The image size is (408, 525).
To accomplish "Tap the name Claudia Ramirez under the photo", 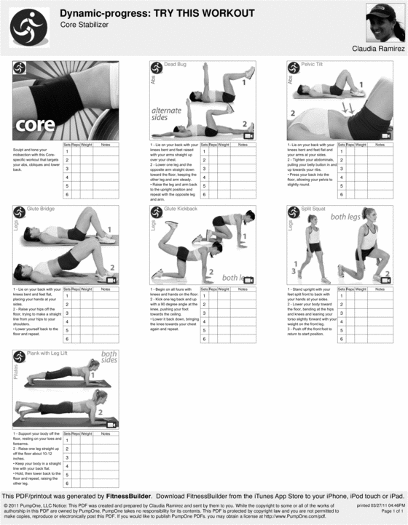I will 377,49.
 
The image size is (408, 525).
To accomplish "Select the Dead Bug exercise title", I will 175,65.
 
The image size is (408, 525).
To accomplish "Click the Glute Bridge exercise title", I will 42,209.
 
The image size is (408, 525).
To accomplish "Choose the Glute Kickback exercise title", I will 181,209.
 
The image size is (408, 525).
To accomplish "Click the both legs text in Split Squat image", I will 350,217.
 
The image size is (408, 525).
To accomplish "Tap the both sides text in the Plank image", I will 109,356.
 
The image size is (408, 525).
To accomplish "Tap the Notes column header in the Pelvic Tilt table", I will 380,145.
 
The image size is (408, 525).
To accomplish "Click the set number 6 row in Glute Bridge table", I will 67,338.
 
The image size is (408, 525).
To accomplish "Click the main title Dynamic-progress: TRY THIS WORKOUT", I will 157,13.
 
